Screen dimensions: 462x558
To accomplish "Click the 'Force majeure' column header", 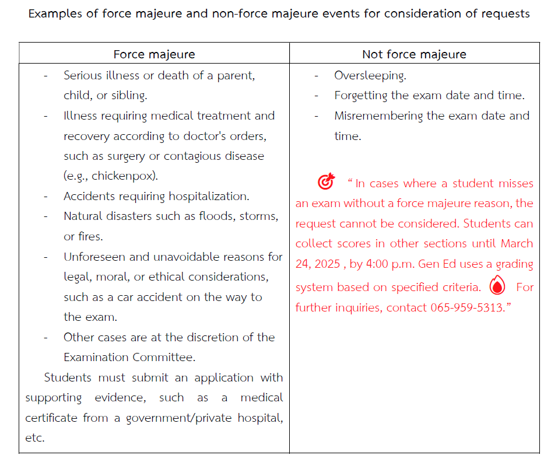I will [x=154, y=54].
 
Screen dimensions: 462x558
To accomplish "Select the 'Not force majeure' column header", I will [x=414, y=54].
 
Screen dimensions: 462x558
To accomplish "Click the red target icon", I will [x=327, y=182].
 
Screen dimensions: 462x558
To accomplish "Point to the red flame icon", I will [x=497, y=286].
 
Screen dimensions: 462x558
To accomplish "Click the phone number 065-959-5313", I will [x=466, y=307].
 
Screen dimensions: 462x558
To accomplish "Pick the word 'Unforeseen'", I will [x=92, y=257].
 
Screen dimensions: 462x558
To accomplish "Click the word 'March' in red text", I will [x=517, y=243].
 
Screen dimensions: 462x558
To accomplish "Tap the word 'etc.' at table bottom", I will [x=34, y=437].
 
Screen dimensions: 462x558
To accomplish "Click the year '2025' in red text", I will [x=327, y=264].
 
